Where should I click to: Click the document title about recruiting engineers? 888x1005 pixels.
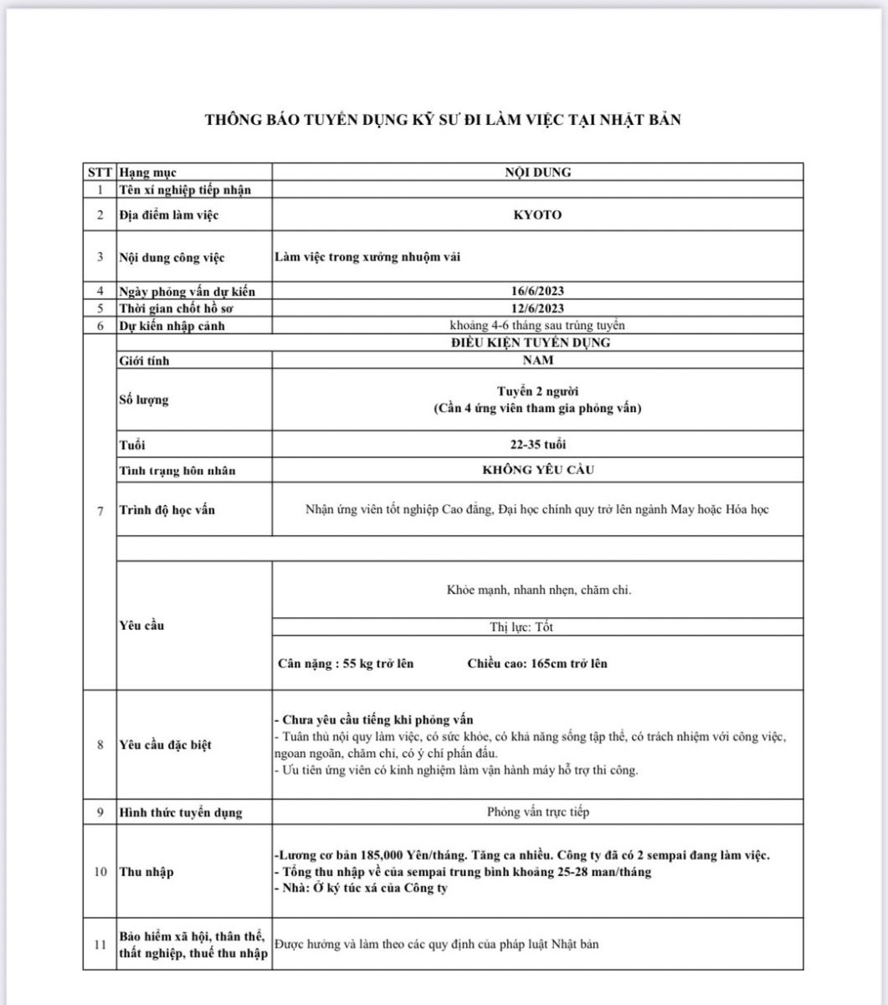point(443,120)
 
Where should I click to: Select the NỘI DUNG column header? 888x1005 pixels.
point(538,173)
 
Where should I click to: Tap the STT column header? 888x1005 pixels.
point(100,173)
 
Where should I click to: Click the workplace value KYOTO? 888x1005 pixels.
point(537,215)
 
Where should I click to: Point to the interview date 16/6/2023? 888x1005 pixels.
point(537,291)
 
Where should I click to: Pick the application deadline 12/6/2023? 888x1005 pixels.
point(537,308)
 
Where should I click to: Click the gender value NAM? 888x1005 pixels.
point(537,360)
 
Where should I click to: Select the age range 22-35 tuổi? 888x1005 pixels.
point(537,444)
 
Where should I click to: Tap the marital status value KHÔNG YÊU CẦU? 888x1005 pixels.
point(537,470)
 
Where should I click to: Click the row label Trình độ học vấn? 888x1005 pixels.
point(167,509)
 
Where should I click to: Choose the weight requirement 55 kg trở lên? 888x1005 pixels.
point(379,664)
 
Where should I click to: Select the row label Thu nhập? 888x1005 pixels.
point(146,872)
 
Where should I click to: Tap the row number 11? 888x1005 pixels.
point(100,946)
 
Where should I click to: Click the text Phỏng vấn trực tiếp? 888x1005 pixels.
point(537,812)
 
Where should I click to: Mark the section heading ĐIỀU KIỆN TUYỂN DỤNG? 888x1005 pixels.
point(537,343)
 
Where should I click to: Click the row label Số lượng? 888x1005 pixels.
point(143,399)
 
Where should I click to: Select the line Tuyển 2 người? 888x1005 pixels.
point(537,392)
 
